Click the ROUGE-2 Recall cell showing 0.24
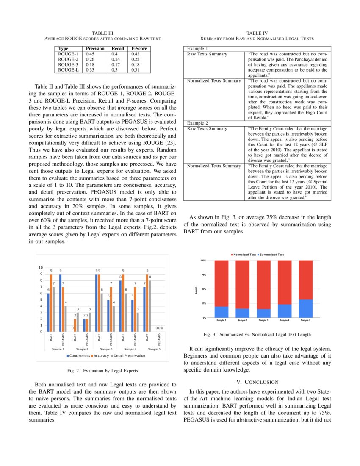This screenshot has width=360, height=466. [x=115, y=59]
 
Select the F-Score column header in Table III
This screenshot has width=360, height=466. [x=138, y=49]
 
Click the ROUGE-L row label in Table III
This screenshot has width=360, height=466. [x=68, y=69]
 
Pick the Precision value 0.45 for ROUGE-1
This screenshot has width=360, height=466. [x=90, y=54]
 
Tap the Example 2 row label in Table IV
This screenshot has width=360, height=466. [x=197, y=123]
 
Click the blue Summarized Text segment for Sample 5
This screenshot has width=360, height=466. [x=305, y=308]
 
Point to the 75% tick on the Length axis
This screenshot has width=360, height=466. [x=203, y=275]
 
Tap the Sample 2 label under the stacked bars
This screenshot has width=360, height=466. [x=242, y=321]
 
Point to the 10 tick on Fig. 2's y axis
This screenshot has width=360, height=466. [x=41, y=268]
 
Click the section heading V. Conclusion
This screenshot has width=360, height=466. [x=257, y=382]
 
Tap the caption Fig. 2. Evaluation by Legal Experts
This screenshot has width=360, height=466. [x=102, y=371]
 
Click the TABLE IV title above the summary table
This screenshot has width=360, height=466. [x=257, y=33]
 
